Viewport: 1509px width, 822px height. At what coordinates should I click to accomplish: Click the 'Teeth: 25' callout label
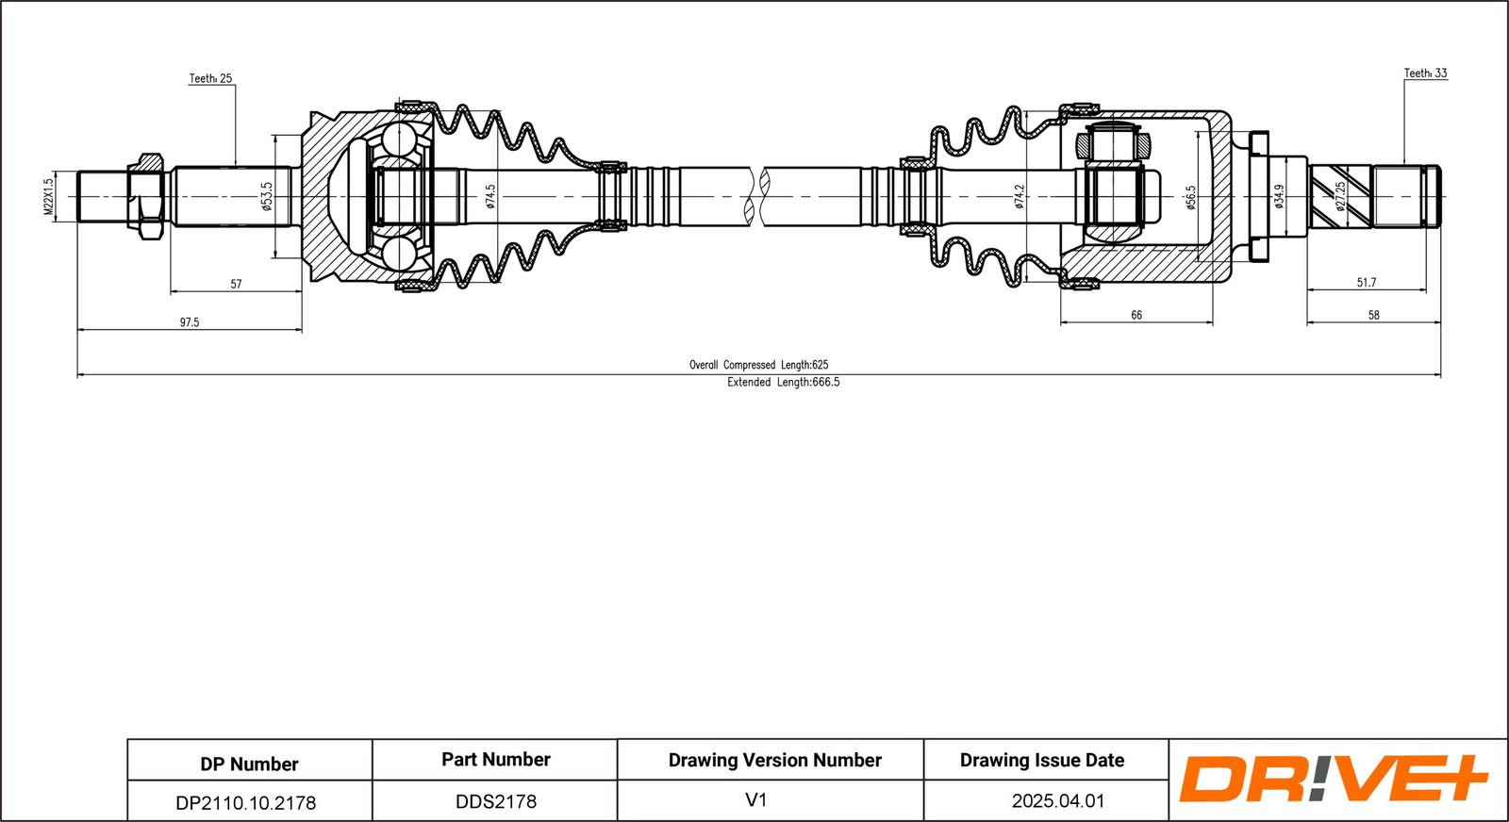pyautogui.click(x=210, y=78)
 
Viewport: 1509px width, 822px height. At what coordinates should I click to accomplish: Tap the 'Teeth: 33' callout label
pyautogui.click(x=1425, y=73)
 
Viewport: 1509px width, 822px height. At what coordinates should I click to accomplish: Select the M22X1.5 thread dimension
pyautogui.click(x=49, y=197)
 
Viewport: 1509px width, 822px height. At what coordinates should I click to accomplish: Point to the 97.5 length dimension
pyautogui.click(x=190, y=322)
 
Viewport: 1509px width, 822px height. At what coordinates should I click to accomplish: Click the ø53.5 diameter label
pyautogui.click(x=267, y=196)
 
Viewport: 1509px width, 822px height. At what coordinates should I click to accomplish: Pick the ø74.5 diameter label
pyautogui.click(x=490, y=196)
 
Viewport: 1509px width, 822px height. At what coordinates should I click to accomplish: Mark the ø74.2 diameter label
pyautogui.click(x=1020, y=196)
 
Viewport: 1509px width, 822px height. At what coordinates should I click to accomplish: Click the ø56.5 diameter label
pyautogui.click(x=1190, y=197)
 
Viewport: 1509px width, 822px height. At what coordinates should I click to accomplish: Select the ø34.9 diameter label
pyautogui.click(x=1279, y=196)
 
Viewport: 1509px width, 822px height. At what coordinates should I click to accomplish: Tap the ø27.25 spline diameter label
pyautogui.click(x=1340, y=196)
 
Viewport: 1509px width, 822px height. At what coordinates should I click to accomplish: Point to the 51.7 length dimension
pyautogui.click(x=1366, y=283)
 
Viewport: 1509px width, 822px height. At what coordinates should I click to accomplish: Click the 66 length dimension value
pyautogui.click(x=1136, y=316)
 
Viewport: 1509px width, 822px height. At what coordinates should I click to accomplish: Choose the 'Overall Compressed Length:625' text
pyautogui.click(x=758, y=365)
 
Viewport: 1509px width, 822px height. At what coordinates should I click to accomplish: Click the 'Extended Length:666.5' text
pyautogui.click(x=783, y=382)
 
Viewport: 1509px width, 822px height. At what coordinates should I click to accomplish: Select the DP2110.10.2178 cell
pyautogui.click(x=246, y=802)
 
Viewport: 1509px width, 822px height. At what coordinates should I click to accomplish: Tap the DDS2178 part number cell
pyautogui.click(x=496, y=801)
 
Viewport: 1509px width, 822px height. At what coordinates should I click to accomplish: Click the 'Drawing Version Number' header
pyautogui.click(x=774, y=760)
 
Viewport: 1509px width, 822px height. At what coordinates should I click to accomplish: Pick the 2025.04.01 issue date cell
pyautogui.click(x=1058, y=801)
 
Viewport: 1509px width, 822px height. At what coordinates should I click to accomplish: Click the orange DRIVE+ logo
pyautogui.click(x=1333, y=779)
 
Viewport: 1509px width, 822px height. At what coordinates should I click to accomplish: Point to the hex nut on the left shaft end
pyautogui.click(x=145, y=197)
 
